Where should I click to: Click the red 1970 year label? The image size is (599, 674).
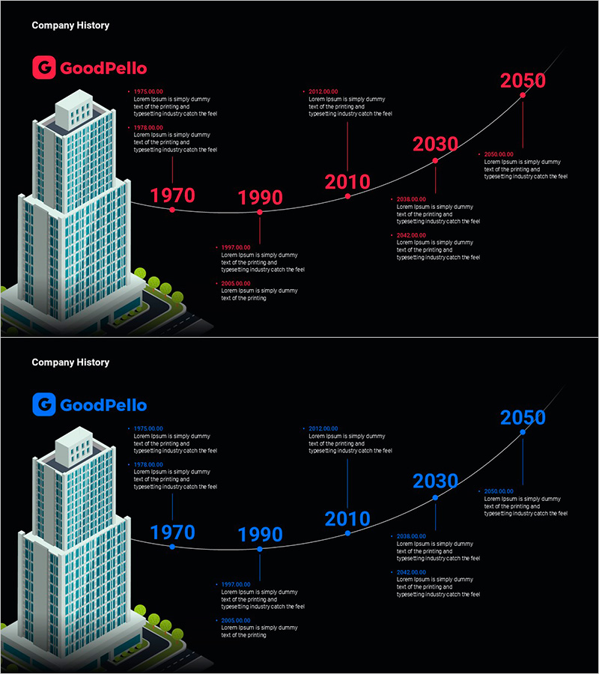172,195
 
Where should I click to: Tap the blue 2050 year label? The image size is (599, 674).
523,417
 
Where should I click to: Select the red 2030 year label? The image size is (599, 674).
435,144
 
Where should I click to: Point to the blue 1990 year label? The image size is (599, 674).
260,535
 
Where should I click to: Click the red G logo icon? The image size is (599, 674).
44,68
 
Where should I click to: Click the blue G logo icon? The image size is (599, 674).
44,405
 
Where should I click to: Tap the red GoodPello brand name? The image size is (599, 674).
103,69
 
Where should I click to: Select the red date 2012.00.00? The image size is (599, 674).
323,92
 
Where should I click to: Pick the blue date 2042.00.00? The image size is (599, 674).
411,572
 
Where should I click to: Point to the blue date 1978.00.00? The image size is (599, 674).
148,465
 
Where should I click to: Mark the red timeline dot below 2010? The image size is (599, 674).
347,196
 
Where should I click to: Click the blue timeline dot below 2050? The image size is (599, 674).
523,432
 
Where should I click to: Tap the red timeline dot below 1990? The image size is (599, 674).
260,212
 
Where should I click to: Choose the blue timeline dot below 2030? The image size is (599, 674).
435,497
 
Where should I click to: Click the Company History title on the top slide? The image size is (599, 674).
70,25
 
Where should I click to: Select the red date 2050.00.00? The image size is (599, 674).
499,154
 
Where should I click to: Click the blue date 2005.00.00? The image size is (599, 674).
236,621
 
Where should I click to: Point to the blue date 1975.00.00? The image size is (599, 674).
148,429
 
